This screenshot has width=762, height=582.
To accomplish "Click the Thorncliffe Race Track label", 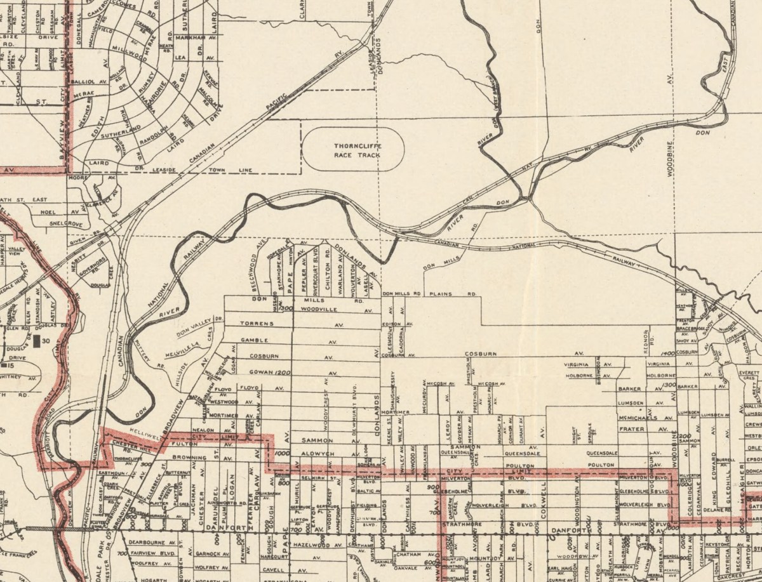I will pos(357,150).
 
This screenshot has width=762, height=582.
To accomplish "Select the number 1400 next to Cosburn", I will pos(665,353).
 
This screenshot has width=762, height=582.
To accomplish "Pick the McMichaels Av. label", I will pos(643,418).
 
